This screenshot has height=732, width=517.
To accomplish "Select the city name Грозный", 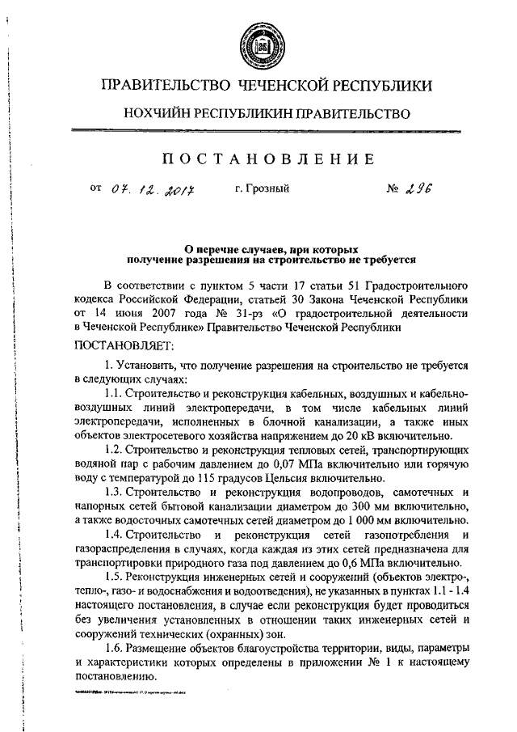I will click(262, 189).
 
